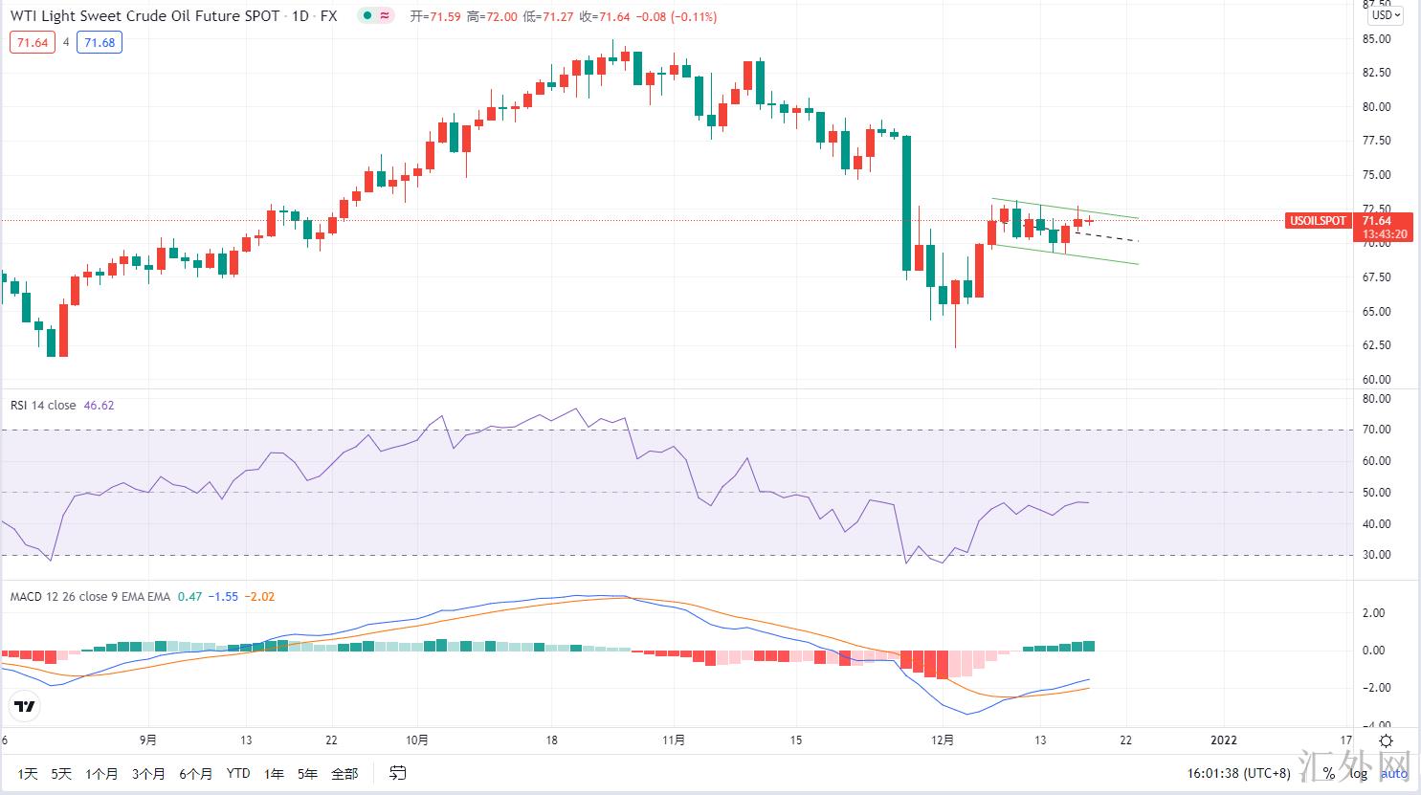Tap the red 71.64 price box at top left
coord(33,42)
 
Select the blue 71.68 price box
coord(100,42)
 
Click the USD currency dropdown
coord(1386,15)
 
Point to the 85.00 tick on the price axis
coord(1377,39)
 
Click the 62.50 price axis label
coord(1377,345)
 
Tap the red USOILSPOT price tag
coord(1318,221)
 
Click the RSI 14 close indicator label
coord(43,405)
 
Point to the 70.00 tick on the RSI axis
coord(1377,430)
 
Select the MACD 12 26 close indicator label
coord(90,596)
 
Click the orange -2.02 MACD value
coord(259,596)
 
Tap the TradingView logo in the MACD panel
coord(25,707)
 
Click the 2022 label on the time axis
coord(1224,740)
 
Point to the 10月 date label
coord(417,740)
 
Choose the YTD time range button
coord(238,773)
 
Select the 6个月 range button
coord(195,773)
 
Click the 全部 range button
coord(344,773)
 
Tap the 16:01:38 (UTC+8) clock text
coord(1238,773)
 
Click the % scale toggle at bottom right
coord(1329,773)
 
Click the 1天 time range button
coord(27,773)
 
